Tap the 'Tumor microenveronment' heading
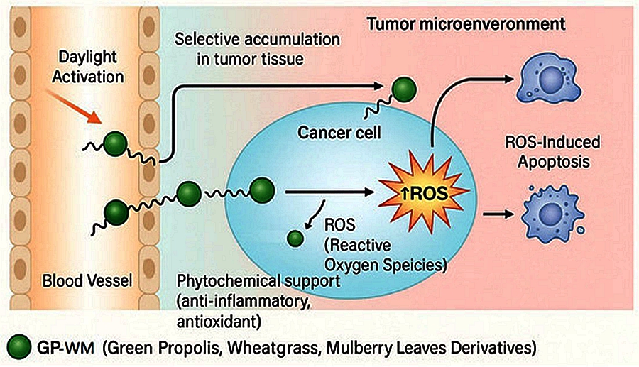pyautogui.click(x=466, y=24)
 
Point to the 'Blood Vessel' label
pyautogui.click(x=87, y=281)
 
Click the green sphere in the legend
pyautogui.click(x=16, y=347)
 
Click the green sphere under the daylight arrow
pyautogui.click(x=114, y=143)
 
